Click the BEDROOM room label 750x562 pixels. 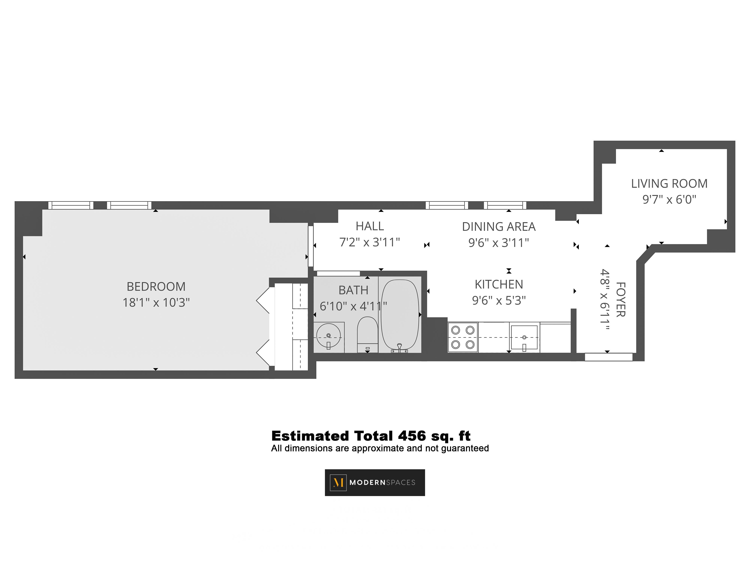point(156,287)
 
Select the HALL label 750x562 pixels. point(370,226)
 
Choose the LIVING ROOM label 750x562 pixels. point(669,184)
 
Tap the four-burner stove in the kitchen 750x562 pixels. point(463,337)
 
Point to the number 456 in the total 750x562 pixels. point(412,436)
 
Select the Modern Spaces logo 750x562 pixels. point(375,482)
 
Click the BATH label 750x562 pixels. point(353,290)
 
